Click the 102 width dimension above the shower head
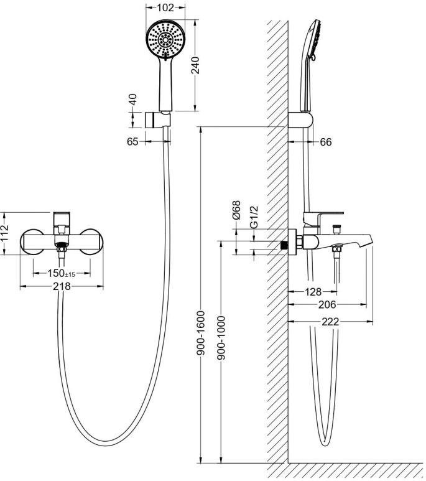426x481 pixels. click(165, 7)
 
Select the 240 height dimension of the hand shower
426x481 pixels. click(195, 65)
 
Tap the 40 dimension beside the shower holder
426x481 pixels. click(133, 99)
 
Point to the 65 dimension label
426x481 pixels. click(132, 142)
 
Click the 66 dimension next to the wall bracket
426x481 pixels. click(326, 142)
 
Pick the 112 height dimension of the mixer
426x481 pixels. click(4, 233)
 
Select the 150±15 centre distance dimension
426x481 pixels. click(62, 273)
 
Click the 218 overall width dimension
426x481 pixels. click(62, 286)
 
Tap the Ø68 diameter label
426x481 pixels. click(236, 210)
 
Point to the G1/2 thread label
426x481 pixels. click(254, 217)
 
